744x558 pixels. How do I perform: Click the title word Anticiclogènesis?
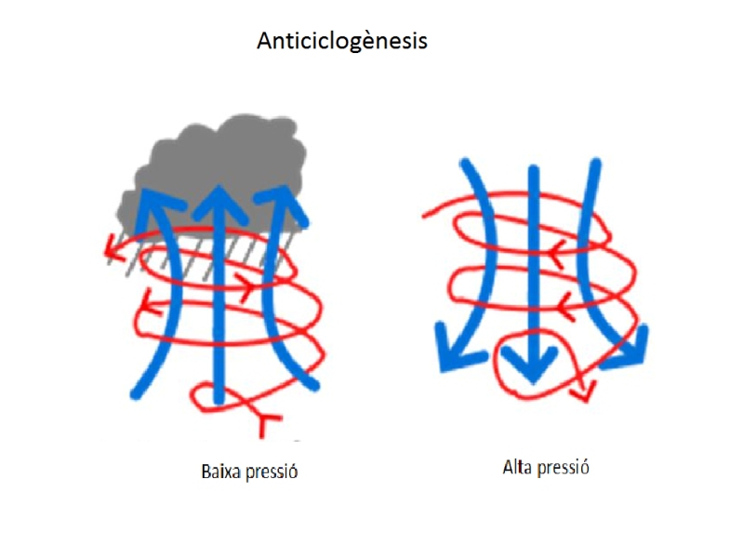(x=341, y=42)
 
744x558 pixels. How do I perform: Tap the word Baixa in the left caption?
(x=219, y=472)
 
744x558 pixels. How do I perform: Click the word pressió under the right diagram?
(x=563, y=467)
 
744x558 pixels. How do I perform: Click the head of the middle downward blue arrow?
(x=532, y=366)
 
